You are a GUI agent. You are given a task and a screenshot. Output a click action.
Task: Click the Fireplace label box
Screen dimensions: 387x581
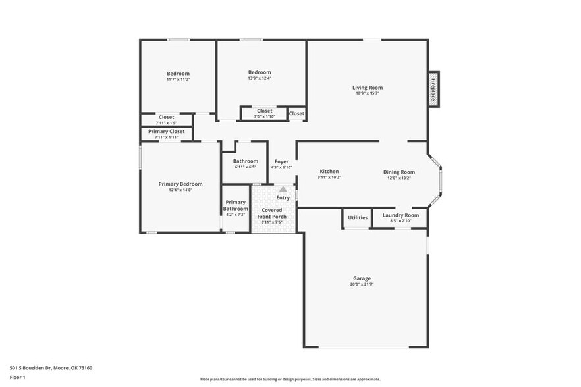(x=433, y=88)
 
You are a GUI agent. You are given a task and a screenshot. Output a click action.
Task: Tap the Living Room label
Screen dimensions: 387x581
(x=367, y=88)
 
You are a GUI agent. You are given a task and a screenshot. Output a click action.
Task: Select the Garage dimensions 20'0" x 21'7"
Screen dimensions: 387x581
(x=361, y=284)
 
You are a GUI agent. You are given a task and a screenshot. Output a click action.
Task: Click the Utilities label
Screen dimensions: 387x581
(x=358, y=217)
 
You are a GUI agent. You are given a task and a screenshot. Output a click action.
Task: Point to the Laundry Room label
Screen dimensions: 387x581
(x=401, y=215)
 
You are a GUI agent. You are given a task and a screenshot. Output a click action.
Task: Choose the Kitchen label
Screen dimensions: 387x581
(x=329, y=172)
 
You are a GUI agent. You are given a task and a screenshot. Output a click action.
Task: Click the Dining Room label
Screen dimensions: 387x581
(x=399, y=172)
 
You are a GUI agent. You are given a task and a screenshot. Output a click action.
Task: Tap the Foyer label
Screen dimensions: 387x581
(x=281, y=161)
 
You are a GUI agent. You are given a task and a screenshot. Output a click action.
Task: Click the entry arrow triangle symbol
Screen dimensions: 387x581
(x=283, y=189)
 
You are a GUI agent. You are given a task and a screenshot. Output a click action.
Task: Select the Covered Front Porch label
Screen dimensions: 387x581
(x=272, y=213)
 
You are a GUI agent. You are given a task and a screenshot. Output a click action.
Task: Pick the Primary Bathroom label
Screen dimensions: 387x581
(x=235, y=205)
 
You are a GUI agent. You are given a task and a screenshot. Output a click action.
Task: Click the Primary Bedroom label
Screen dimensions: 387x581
(x=180, y=184)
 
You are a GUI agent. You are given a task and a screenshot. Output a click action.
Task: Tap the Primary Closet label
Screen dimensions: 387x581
(x=167, y=132)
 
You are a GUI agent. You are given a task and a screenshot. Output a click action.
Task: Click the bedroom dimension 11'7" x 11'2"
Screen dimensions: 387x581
(x=178, y=80)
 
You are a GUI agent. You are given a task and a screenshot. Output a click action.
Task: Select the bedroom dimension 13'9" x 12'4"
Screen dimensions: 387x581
(x=260, y=78)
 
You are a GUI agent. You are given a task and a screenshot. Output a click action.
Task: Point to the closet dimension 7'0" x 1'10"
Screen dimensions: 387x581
(x=265, y=116)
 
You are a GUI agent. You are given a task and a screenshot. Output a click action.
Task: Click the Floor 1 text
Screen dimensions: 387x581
(x=18, y=377)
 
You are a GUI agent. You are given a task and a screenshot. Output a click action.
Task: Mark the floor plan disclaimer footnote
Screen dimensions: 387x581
(x=290, y=380)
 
